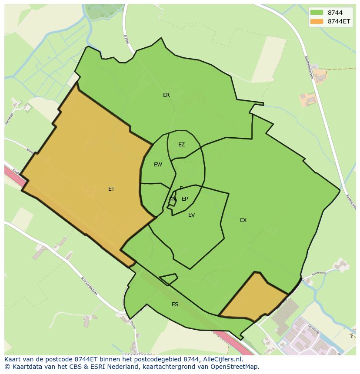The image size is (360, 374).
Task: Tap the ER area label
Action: coord(167,95)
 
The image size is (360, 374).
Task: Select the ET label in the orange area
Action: coord(111,189)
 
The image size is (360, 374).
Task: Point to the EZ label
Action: coord(181,145)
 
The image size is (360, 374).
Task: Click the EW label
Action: coord(158,165)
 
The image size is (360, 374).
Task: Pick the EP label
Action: coord(185,199)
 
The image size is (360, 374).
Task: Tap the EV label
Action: coord(191,215)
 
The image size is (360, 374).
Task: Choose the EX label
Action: coord(243,220)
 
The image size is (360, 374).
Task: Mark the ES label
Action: coord(175,304)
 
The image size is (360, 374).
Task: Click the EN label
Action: coord(173,199)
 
